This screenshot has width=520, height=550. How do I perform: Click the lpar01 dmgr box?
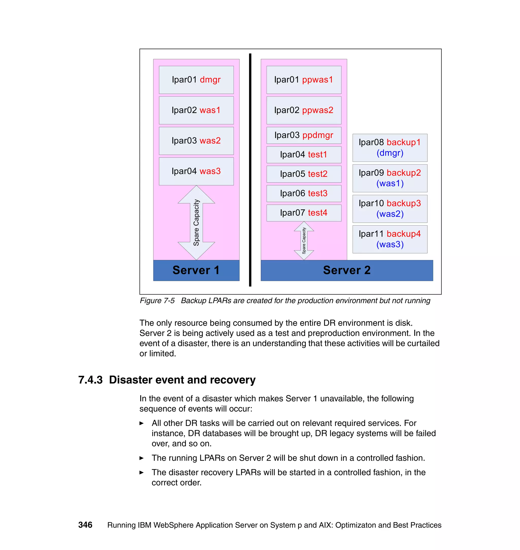196,80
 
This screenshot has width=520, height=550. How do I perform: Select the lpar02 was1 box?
196,110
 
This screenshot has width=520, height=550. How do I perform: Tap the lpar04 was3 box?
196,171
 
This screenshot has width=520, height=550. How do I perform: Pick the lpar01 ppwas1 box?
303,80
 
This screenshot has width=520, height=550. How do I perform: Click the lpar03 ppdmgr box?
303,135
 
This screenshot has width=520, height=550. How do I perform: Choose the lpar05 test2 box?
303,174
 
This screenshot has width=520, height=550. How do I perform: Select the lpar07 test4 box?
303,213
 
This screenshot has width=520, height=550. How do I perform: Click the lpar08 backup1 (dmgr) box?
389,148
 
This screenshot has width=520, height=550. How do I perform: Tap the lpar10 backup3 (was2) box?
389,209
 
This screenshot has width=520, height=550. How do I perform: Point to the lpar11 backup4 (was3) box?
389,239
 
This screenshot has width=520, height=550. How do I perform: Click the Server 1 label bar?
196,270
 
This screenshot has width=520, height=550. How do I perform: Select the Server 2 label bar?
347,270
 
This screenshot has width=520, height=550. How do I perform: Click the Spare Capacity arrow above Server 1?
196,222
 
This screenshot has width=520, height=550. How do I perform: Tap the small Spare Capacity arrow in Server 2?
304,240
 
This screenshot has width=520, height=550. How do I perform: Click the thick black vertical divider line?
250,169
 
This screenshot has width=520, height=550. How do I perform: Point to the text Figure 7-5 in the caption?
157,301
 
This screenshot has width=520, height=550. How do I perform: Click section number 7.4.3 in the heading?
90,380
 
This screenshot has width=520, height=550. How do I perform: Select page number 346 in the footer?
85,525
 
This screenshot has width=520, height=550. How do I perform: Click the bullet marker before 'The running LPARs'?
141,458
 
